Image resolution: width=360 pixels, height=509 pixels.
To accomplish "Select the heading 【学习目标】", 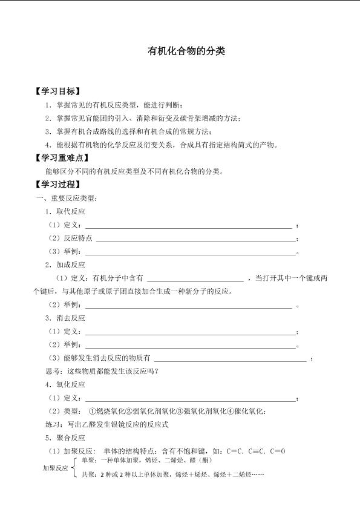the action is click(x=59, y=91).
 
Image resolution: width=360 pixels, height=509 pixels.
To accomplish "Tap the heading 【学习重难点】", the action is click(x=63, y=158).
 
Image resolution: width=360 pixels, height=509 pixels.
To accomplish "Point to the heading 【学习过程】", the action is click(x=59, y=185).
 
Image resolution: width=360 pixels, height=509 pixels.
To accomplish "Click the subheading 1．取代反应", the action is click(x=65, y=211).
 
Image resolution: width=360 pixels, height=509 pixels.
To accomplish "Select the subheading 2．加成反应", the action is click(x=65, y=264).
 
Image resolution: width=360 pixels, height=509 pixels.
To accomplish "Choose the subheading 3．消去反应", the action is click(x=65, y=318).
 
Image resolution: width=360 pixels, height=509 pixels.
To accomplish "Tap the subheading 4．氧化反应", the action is click(x=65, y=384).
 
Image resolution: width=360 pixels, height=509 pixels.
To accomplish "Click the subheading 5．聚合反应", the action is click(x=65, y=438).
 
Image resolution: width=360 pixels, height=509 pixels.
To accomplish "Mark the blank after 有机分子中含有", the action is click(x=195, y=278).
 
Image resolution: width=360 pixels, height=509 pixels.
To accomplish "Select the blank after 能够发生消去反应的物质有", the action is click(x=231, y=358).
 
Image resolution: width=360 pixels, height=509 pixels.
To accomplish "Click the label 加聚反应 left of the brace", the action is click(x=55, y=468).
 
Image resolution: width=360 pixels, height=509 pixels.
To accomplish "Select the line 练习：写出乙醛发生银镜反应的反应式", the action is click(x=111, y=424).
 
